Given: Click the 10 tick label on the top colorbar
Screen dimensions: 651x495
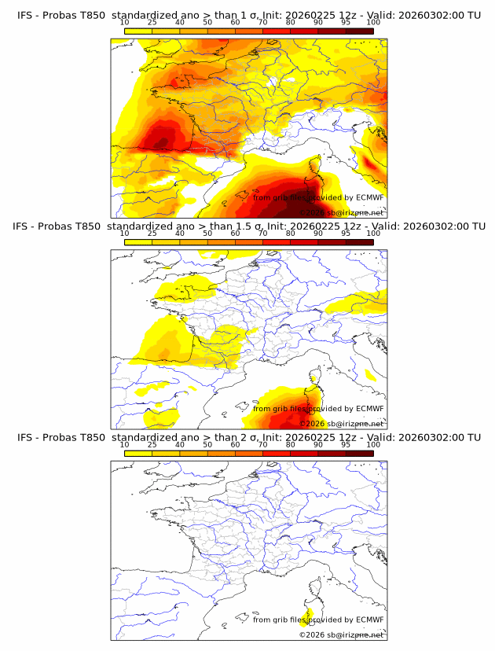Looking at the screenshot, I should (125, 22).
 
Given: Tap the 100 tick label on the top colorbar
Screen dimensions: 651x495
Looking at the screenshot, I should (373, 22).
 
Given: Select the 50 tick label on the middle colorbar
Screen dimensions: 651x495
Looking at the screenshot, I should (207, 234).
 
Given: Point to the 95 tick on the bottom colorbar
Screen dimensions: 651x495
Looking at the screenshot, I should (346, 445).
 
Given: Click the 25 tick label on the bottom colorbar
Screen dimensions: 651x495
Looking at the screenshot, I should (152, 445).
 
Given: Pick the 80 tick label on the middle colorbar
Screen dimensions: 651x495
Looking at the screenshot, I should (291, 234).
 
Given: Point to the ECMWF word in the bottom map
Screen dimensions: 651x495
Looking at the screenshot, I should (369, 620).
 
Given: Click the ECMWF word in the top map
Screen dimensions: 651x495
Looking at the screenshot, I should (369, 197).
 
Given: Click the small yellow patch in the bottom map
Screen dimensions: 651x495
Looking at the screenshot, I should (307, 615).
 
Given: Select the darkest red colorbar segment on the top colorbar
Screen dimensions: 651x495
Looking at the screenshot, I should (359, 31).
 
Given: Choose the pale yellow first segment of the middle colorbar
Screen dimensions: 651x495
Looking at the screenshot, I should (138, 242).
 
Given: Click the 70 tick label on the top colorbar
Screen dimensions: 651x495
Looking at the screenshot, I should (263, 22).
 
